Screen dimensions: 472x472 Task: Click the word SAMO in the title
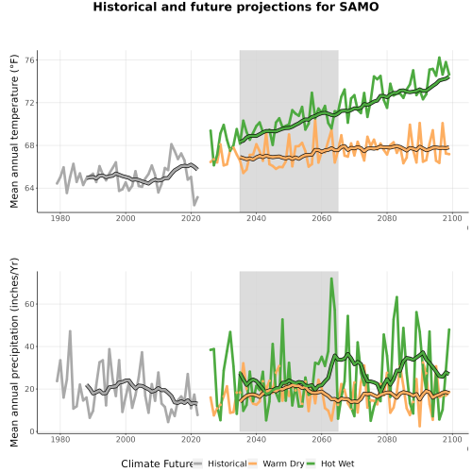(x=359, y=7)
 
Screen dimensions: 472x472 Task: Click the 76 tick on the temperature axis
(x=29, y=59)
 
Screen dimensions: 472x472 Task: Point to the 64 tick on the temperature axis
(x=29, y=188)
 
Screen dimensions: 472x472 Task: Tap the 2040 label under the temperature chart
(x=256, y=218)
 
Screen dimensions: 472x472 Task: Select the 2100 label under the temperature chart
(x=452, y=218)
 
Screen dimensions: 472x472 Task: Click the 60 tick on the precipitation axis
(x=29, y=304)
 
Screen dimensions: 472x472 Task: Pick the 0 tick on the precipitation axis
(x=31, y=431)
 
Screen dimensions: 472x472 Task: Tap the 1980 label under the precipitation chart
(x=60, y=439)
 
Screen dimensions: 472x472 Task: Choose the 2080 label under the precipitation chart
(x=387, y=439)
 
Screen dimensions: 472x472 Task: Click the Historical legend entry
(x=228, y=464)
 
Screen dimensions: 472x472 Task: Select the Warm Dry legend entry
(x=283, y=464)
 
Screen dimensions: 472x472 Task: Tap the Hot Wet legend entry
(x=337, y=464)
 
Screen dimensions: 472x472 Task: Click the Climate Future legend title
(x=158, y=464)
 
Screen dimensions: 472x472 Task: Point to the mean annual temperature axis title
(x=14, y=131)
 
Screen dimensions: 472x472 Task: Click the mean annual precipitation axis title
(x=14, y=352)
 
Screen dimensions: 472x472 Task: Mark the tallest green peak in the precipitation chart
(x=331, y=278)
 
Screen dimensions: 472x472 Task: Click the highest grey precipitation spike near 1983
(x=70, y=331)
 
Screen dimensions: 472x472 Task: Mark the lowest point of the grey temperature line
(x=194, y=205)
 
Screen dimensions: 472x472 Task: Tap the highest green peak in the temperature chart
(x=439, y=58)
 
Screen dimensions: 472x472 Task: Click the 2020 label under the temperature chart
(x=191, y=218)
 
